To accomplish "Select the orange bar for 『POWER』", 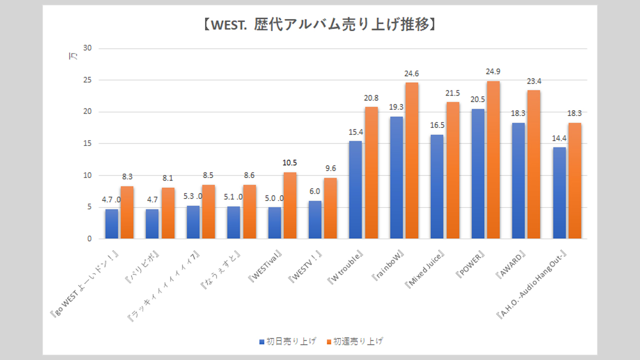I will pos(493,160).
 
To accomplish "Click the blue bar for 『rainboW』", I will pos(396,177).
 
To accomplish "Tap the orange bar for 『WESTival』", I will pos(289,205).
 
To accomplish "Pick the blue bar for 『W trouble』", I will pos(355,190).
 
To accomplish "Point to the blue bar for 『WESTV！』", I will pos(315,220).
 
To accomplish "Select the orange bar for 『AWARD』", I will pos(533,164).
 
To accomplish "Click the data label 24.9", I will pos(493,73).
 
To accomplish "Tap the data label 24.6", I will pos(411,74).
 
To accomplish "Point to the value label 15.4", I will pos(355,132).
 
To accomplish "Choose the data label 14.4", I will pos(559,138).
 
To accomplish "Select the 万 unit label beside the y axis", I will pos(72,57).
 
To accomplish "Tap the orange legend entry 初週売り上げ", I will pos(358,341).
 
